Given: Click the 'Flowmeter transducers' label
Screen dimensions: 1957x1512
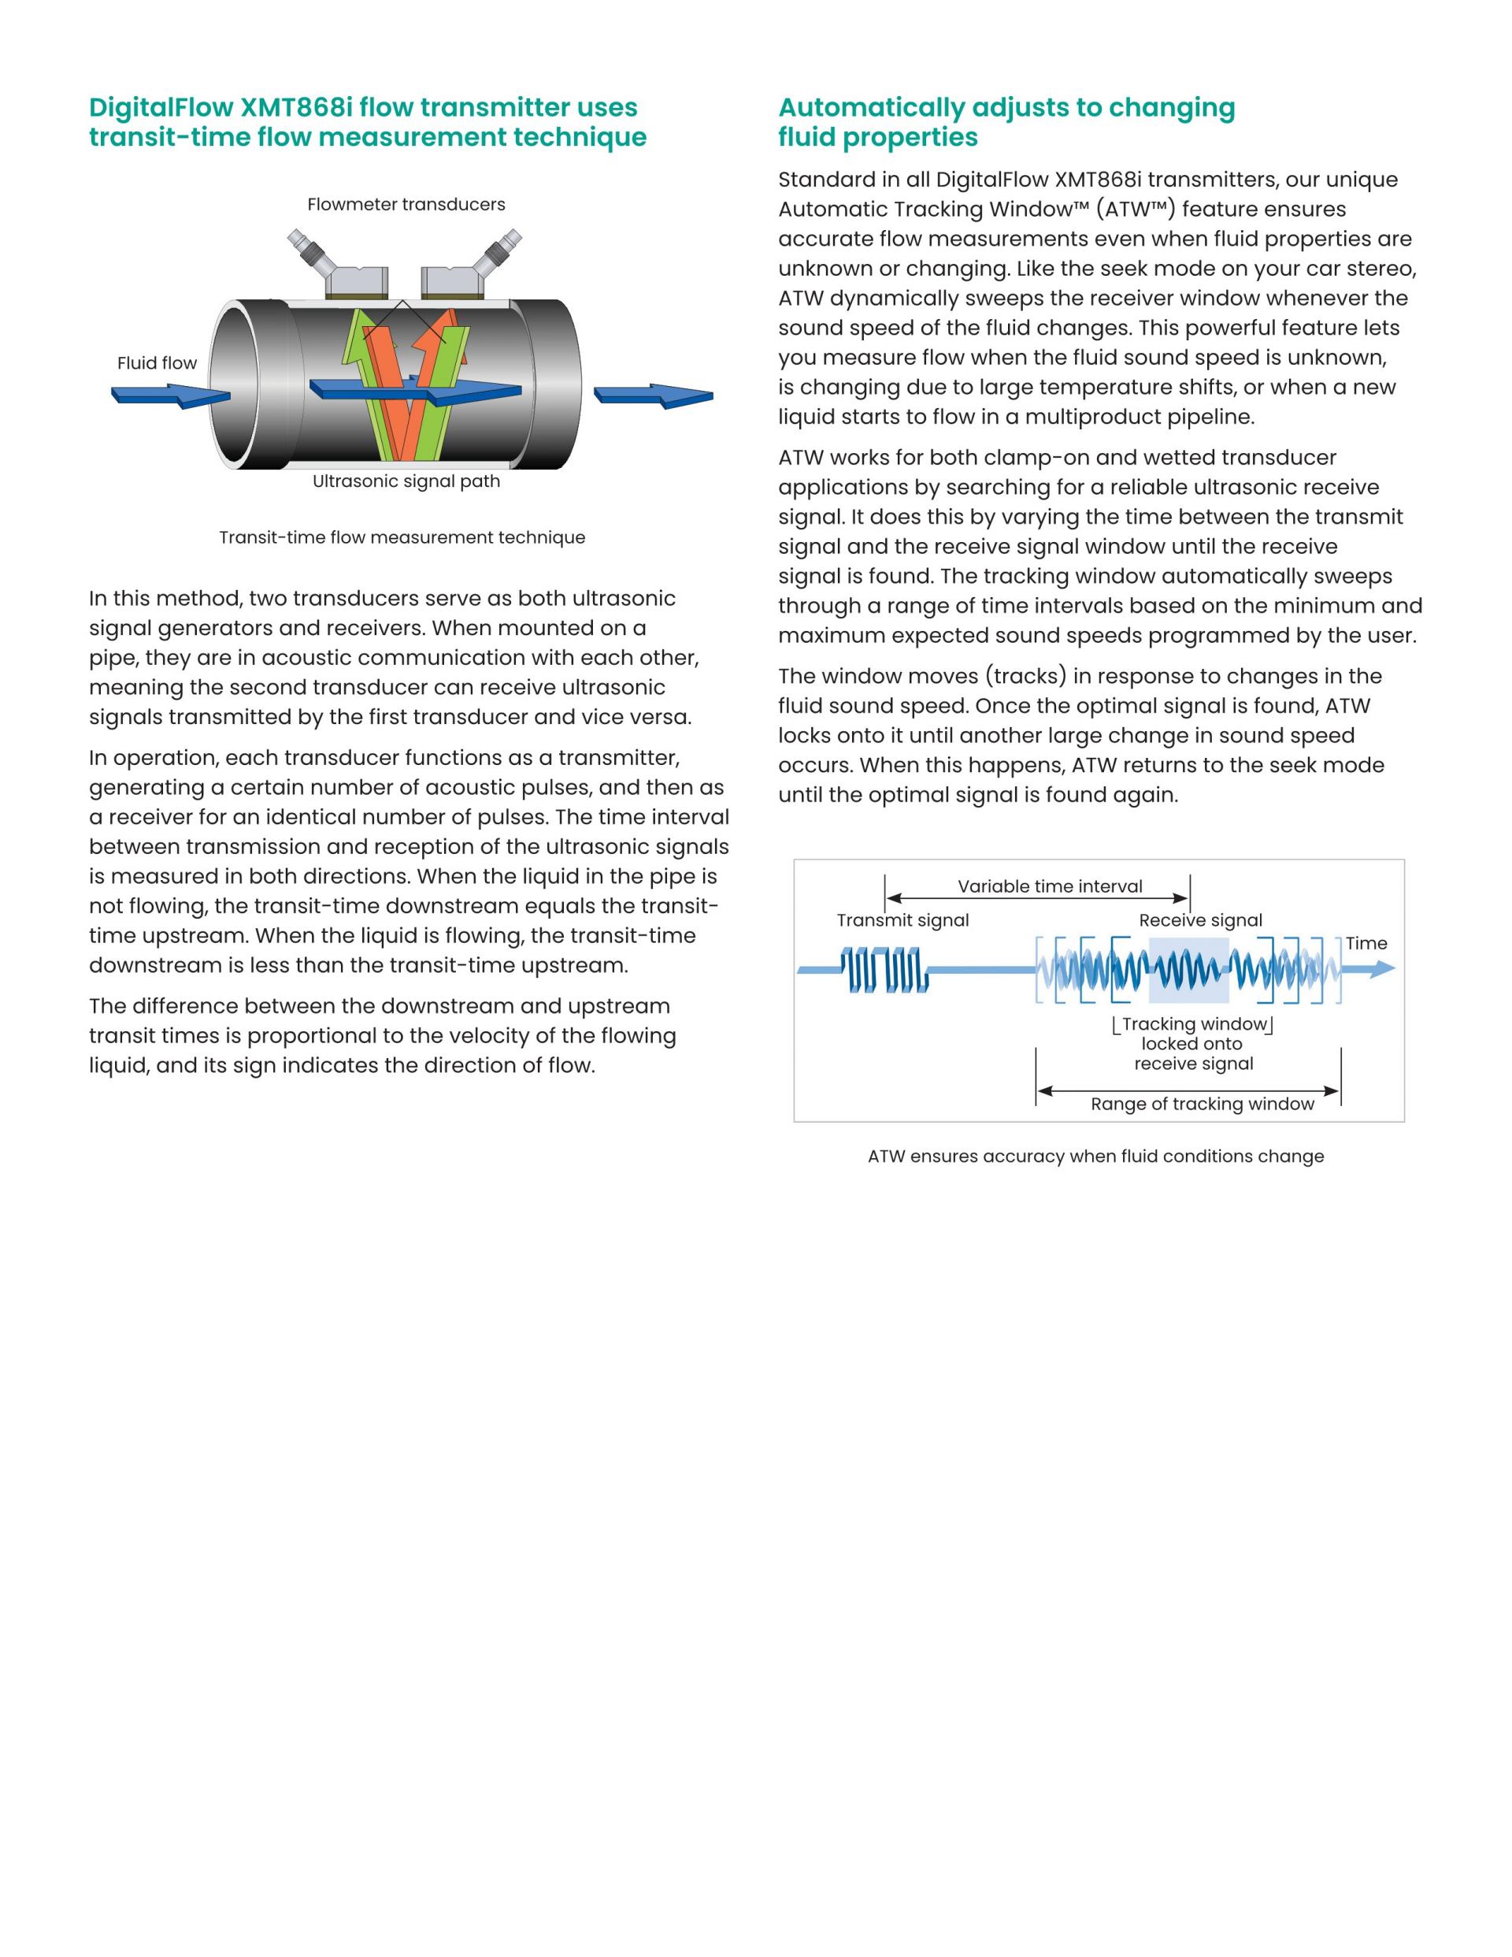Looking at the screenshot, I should [x=406, y=204].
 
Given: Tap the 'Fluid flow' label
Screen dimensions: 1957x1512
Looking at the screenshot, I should [x=157, y=363].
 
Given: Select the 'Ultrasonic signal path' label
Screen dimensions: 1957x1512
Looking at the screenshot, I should [x=406, y=481].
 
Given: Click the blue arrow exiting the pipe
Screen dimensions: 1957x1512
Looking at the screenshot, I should [x=653, y=395].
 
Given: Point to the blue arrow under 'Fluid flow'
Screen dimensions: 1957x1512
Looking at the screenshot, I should [x=170, y=395].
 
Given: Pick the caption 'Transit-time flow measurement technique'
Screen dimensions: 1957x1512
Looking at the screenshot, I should [x=402, y=537].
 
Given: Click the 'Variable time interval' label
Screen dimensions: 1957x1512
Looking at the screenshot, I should [x=1050, y=886].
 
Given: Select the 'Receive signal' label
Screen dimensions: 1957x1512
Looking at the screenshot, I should [x=1200, y=920].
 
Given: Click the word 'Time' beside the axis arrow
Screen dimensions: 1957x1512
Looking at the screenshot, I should [x=1366, y=944].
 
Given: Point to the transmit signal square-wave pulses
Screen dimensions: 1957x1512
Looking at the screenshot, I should [x=885, y=971].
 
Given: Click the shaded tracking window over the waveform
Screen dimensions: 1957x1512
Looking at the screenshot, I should [x=1188, y=970].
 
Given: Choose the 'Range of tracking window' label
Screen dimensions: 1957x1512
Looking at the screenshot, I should [x=1202, y=1104].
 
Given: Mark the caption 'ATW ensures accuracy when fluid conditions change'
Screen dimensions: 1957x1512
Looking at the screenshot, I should [x=1095, y=1156].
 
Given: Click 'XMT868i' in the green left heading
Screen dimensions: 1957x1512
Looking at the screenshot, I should [x=295, y=107].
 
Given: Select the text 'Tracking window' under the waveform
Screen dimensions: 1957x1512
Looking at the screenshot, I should [x=1194, y=1024].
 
